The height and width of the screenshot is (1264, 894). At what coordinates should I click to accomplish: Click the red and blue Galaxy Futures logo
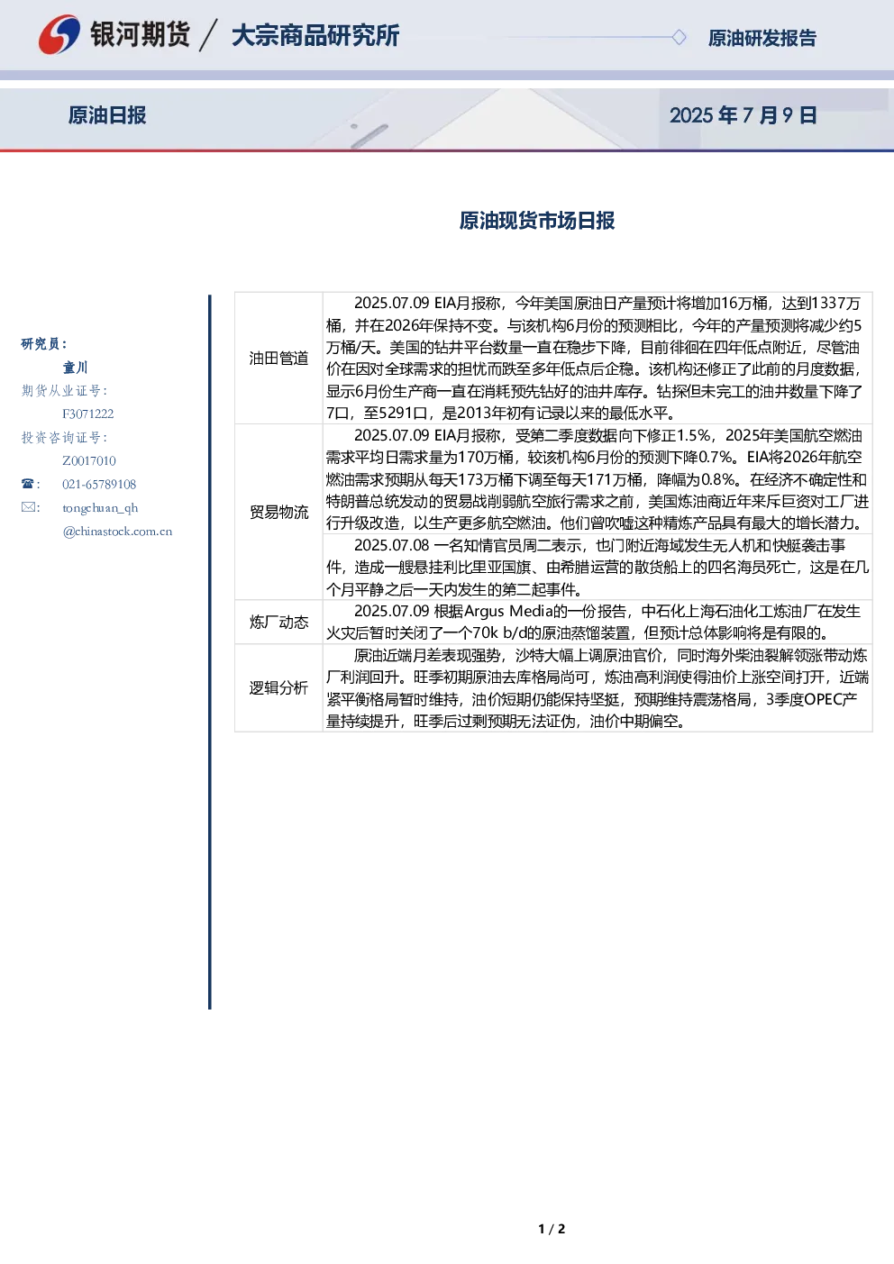click(x=59, y=34)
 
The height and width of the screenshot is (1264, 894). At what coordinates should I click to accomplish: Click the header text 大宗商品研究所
click(x=315, y=35)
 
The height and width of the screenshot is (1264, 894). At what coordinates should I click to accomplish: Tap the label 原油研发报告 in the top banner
click(x=762, y=38)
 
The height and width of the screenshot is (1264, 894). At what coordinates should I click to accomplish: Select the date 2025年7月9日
click(x=743, y=115)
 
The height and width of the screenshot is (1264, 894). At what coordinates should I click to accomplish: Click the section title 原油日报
click(x=107, y=115)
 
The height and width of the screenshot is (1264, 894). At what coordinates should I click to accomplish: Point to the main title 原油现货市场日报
click(x=536, y=220)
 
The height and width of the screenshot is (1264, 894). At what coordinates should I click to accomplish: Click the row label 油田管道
click(x=278, y=358)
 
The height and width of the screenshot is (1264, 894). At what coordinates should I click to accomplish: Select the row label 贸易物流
click(x=278, y=512)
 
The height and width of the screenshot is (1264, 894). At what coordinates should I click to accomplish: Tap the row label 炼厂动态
click(x=278, y=622)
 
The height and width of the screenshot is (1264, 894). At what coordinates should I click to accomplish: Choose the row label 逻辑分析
click(x=278, y=688)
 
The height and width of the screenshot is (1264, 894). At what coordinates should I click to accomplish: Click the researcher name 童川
click(x=75, y=368)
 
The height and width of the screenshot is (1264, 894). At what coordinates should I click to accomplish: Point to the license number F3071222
click(x=88, y=414)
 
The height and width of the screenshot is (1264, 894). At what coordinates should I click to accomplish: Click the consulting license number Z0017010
click(x=89, y=460)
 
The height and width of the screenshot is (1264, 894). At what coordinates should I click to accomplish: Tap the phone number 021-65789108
click(x=99, y=484)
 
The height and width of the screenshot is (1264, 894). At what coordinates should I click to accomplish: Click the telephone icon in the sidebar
click(x=28, y=484)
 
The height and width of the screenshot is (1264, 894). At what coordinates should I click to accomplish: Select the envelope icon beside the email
click(x=28, y=507)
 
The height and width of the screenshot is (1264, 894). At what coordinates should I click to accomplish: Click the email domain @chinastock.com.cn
click(x=117, y=531)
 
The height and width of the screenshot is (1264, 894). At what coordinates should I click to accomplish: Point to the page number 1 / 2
click(x=552, y=1229)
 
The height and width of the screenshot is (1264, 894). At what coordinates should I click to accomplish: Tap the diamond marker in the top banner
click(x=679, y=37)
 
